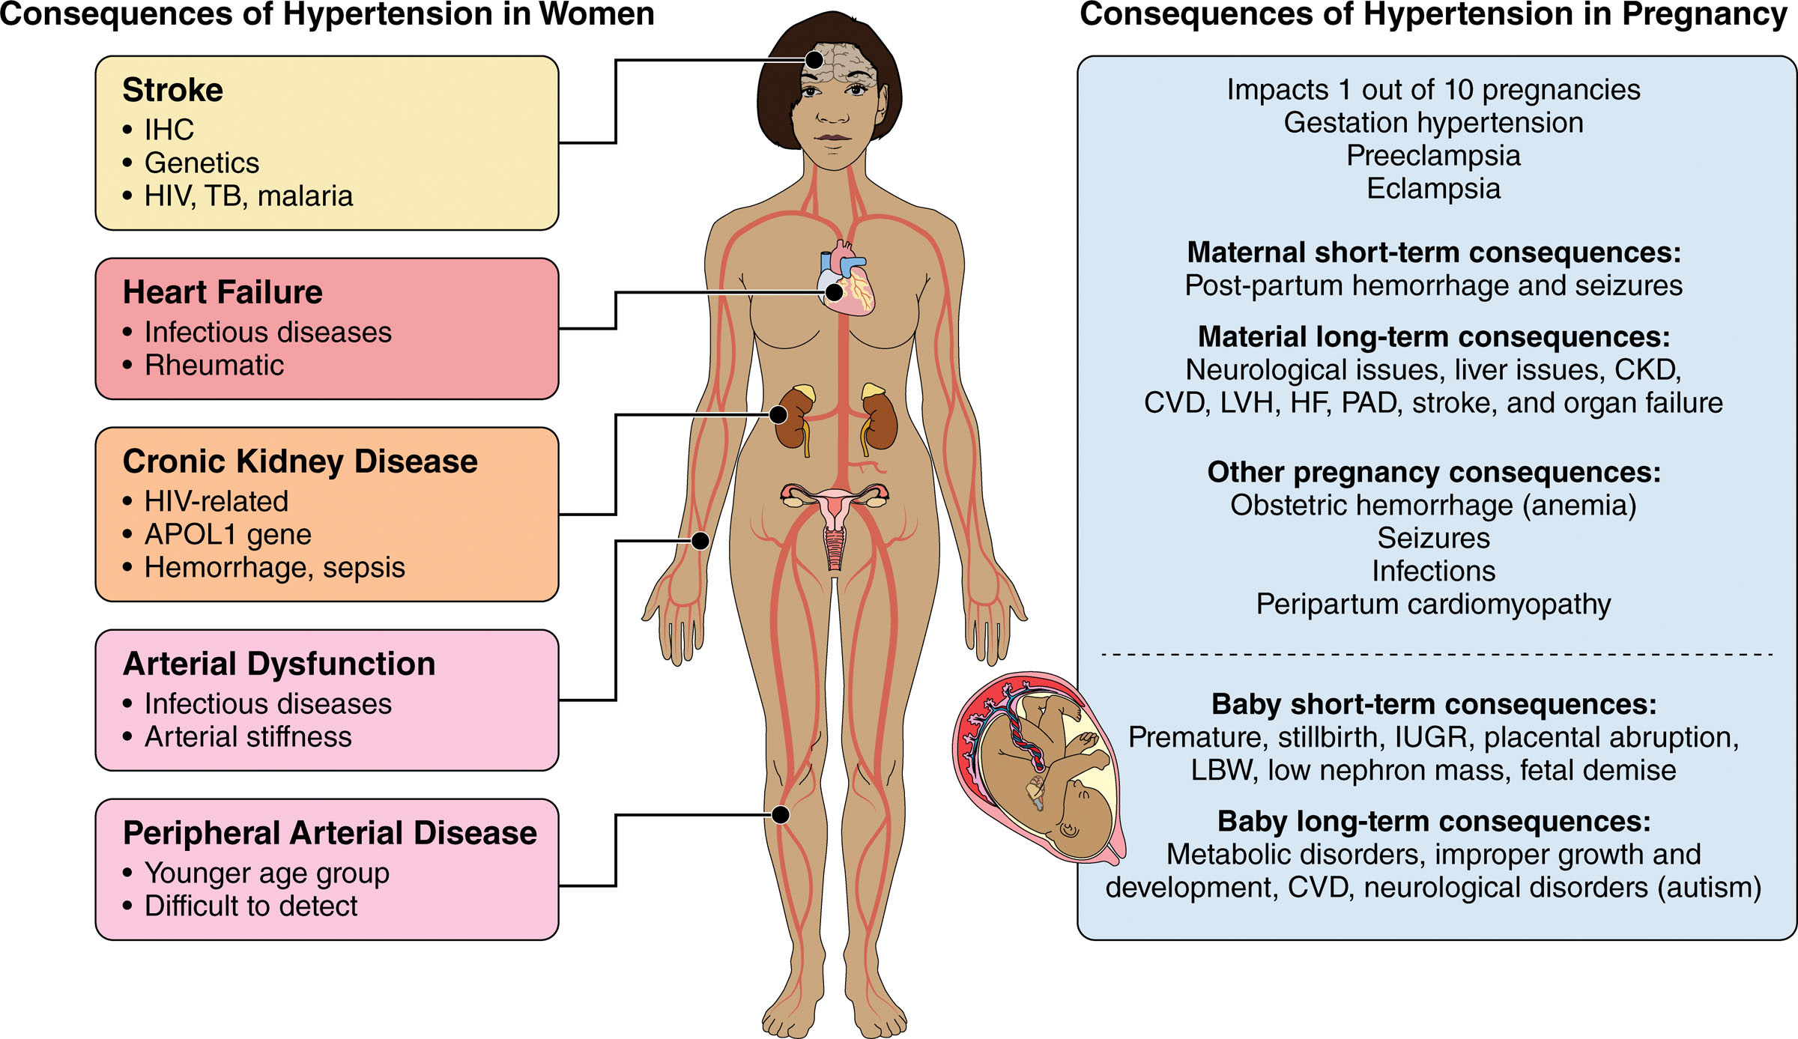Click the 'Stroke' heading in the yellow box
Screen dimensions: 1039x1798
pos(172,91)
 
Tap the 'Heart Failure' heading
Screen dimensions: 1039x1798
pos(223,292)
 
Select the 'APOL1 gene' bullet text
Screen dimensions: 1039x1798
pos(228,535)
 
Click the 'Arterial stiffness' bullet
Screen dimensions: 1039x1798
pos(248,737)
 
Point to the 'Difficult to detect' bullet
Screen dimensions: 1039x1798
pos(251,906)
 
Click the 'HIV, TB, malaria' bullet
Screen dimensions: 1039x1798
pos(248,196)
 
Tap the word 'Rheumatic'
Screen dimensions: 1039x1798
pos(214,366)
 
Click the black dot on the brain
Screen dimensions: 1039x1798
pos(814,60)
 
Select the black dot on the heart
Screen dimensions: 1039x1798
pos(834,292)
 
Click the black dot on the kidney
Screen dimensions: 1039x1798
pos(778,414)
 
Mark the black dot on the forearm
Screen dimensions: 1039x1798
pos(700,540)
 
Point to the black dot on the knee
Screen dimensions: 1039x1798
pos(781,814)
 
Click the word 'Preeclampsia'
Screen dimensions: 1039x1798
pos(1433,156)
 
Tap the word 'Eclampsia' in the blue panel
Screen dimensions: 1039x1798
pos(1433,189)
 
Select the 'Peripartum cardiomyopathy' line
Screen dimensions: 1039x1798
pos(1433,605)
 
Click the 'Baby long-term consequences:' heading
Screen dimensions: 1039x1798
pos(1433,822)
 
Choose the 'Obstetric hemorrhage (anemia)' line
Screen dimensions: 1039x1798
pos(1433,506)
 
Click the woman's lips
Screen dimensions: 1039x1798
pos(833,138)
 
